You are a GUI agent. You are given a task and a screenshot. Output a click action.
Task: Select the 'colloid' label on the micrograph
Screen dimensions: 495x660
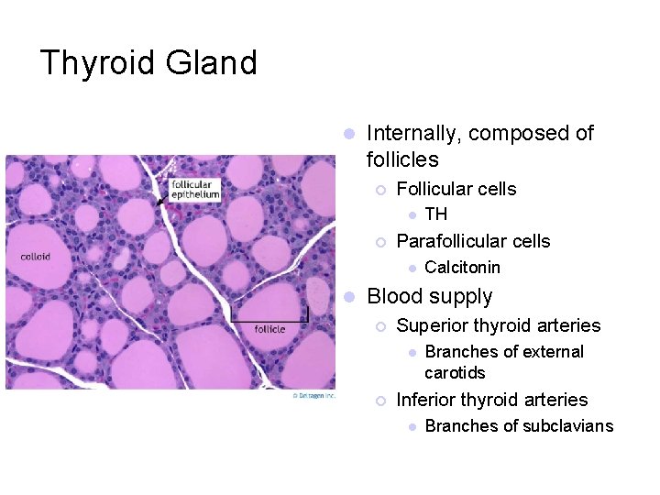[35, 257]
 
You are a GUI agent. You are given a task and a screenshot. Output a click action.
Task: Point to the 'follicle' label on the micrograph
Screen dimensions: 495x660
[269, 329]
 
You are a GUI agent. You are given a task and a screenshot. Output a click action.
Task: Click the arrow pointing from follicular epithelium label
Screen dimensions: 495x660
[162, 197]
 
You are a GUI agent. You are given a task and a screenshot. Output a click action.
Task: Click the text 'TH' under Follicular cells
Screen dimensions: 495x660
[436, 214]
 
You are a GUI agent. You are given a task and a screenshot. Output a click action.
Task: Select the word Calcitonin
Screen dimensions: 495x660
[462, 268]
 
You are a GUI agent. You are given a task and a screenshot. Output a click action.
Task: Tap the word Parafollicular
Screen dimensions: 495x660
[450, 241]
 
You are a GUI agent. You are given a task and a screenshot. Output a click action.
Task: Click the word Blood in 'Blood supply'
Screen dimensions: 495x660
[392, 296]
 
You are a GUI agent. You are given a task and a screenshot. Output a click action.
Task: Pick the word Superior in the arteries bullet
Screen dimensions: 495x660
[431, 325]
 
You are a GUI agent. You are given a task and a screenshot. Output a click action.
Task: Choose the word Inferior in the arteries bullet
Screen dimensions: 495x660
[426, 400]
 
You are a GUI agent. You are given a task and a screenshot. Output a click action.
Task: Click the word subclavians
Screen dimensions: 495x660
[568, 425]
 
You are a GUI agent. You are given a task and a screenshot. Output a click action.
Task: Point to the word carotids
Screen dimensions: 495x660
[455, 373]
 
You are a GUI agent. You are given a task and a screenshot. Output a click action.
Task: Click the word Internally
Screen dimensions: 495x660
[412, 133]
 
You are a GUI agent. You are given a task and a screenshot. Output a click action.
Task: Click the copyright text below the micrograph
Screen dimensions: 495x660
[314, 395]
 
